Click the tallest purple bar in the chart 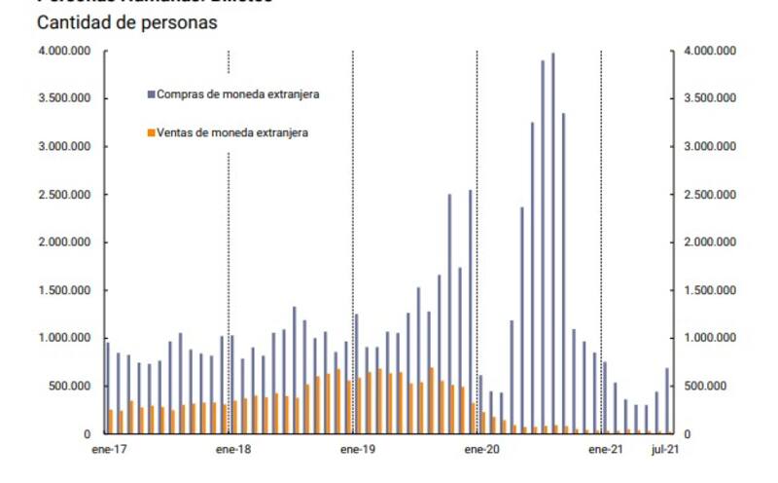552,243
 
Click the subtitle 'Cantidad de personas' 126,21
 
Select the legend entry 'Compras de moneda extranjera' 238,94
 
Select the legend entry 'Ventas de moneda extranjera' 232,132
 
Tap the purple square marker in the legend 151,94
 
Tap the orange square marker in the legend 151,132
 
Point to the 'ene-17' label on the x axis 109,450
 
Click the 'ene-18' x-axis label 232,450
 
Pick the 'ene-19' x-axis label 357,450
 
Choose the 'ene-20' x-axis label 480,450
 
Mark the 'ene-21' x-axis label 604,450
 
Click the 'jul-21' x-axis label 665,450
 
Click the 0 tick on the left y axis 88,434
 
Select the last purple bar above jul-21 667,401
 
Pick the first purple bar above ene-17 107,389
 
